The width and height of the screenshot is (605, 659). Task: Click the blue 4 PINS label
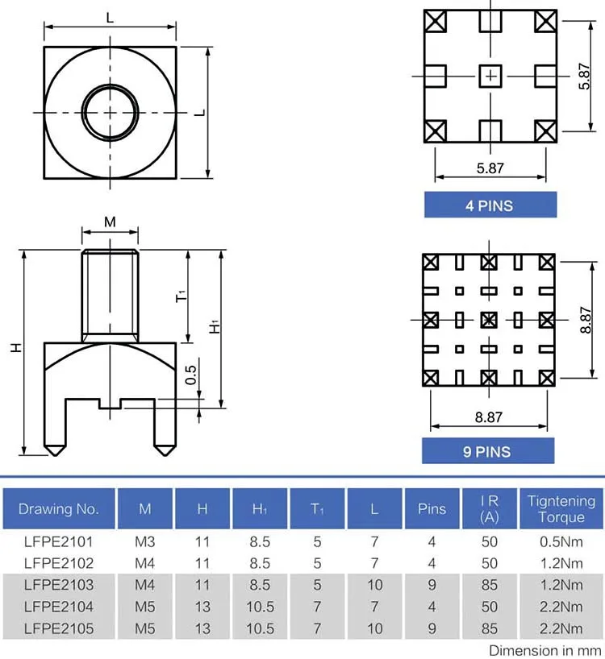[490, 205]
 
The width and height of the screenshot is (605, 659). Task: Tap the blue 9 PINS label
[487, 451]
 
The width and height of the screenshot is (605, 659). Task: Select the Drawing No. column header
[59, 509]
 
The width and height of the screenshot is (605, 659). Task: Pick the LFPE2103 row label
[59, 585]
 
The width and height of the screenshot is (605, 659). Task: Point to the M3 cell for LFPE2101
[145, 541]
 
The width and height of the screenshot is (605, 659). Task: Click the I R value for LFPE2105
[490, 628]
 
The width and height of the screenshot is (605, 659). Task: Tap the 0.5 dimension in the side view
[191, 376]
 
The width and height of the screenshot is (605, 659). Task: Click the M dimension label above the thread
[110, 222]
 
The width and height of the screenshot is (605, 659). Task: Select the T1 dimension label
[181, 296]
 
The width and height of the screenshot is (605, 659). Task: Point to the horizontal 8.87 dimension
[489, 417]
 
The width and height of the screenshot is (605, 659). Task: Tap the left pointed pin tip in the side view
[54, 449]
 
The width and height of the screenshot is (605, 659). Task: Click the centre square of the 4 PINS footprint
[490, 76]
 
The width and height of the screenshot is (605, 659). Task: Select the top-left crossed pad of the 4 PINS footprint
[436, 21]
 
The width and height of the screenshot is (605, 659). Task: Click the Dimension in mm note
[545, 649]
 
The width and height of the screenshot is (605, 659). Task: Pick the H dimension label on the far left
[15, 348]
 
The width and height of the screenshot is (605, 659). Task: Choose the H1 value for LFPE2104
[260, 607]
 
